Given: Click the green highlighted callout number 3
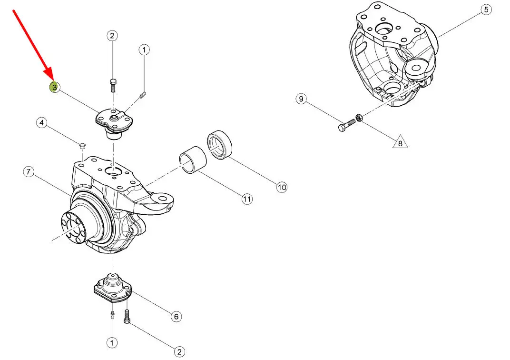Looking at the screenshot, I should click(55, 87).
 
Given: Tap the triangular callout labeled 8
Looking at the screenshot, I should click(400, 142).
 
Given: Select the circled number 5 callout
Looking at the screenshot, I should click(485, 10).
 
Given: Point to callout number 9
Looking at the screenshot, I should click(301, 99).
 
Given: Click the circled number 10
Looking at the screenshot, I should click(282, 187).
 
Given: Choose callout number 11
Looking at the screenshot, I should click(246, 200).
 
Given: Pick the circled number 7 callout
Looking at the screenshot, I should click(29, 172).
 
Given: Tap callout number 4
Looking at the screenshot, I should click(42, 123).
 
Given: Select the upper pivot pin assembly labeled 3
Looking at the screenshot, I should click(113, 123).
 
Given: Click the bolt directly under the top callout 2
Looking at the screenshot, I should click(112, 85).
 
